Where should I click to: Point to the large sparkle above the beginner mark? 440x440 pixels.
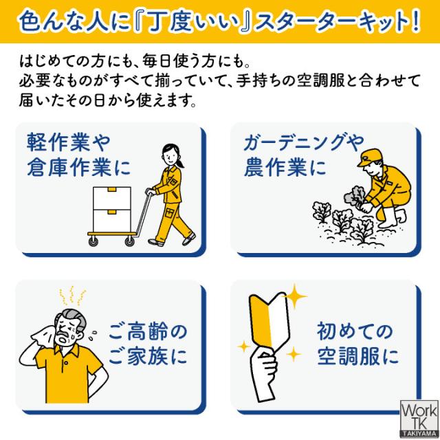pyautogui.click(x=298, y=298)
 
